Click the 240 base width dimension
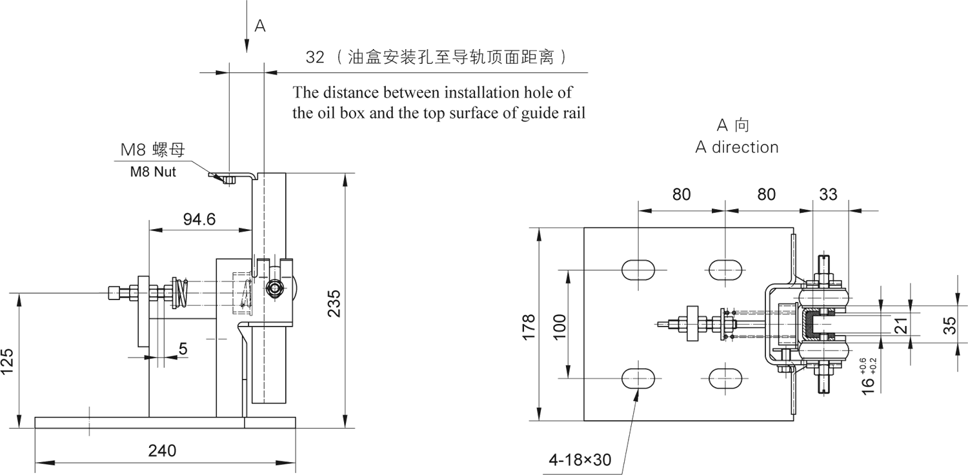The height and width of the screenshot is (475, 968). [162, 450]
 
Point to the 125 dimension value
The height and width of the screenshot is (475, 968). [8, 362]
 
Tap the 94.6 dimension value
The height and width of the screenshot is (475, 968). [199, 219]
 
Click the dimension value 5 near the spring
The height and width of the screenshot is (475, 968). [183, 349]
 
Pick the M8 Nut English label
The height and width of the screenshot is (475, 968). [153, 172]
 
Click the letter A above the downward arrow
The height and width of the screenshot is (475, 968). [259, 26]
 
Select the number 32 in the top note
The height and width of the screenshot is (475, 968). [315, 57]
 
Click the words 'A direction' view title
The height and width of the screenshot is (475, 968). [736, 147]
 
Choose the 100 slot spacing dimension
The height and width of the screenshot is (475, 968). [560, 327]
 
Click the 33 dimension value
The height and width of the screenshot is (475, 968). [828, 194]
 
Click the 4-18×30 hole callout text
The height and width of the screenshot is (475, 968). [580, 460]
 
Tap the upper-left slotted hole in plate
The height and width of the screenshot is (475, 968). [638, 268]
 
